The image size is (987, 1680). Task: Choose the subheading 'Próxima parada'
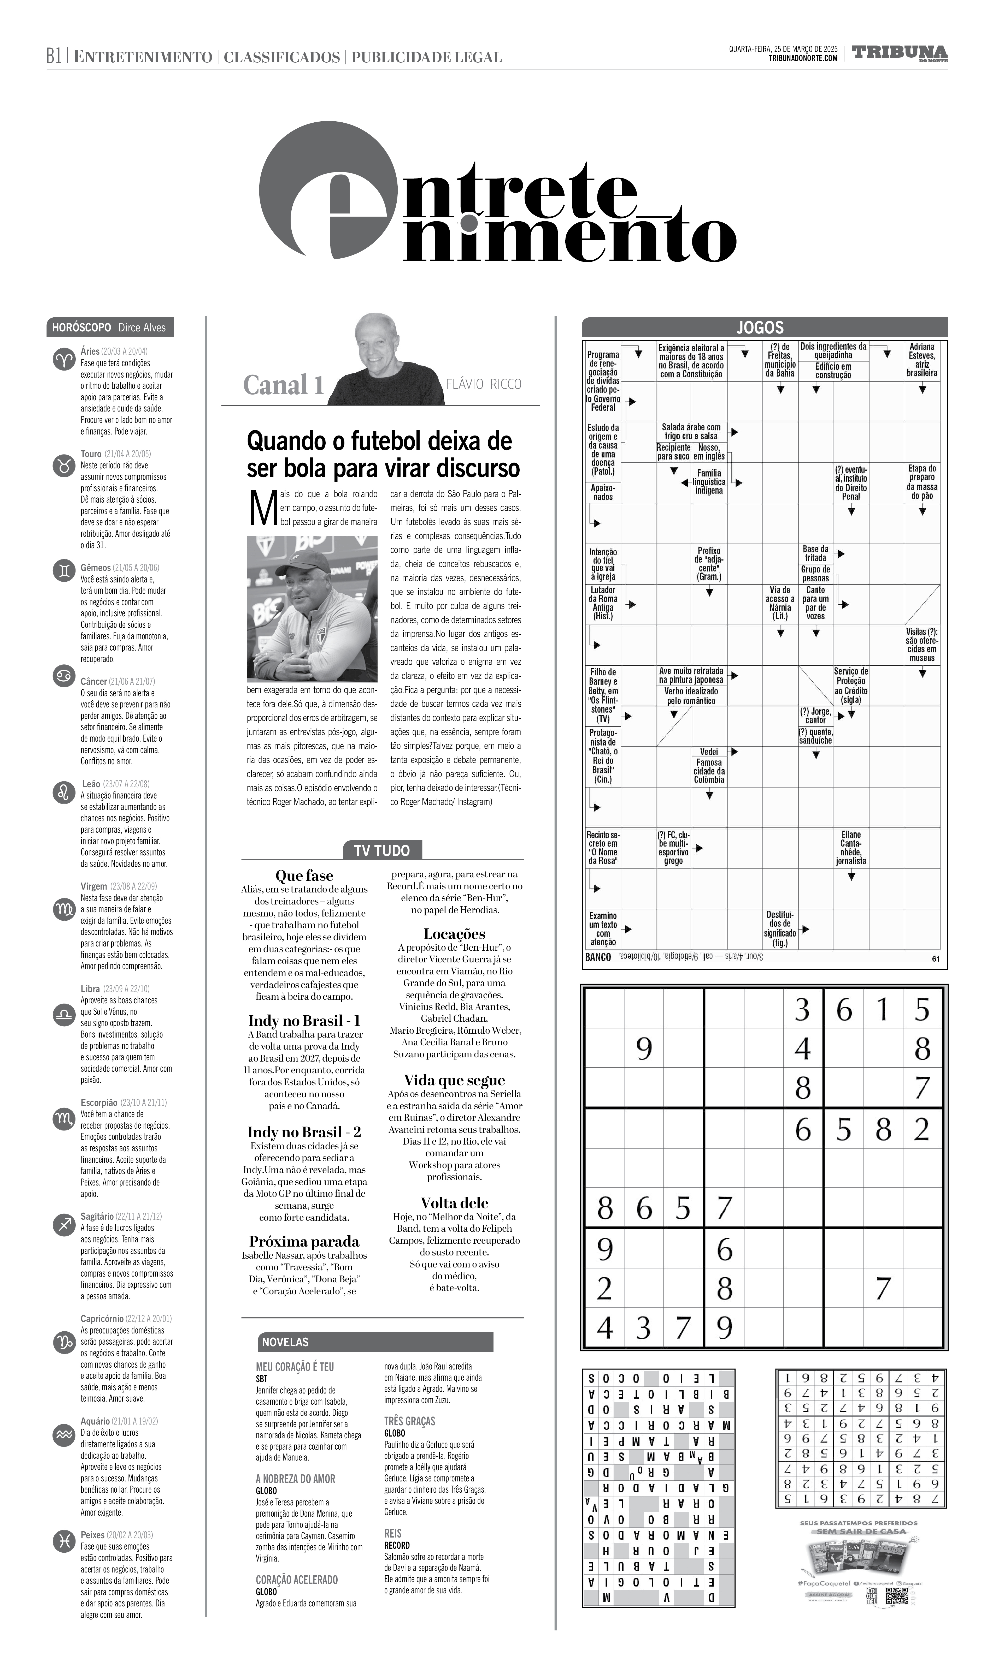tap(304, 1241)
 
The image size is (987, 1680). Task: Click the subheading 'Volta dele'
tap(454, 1203)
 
